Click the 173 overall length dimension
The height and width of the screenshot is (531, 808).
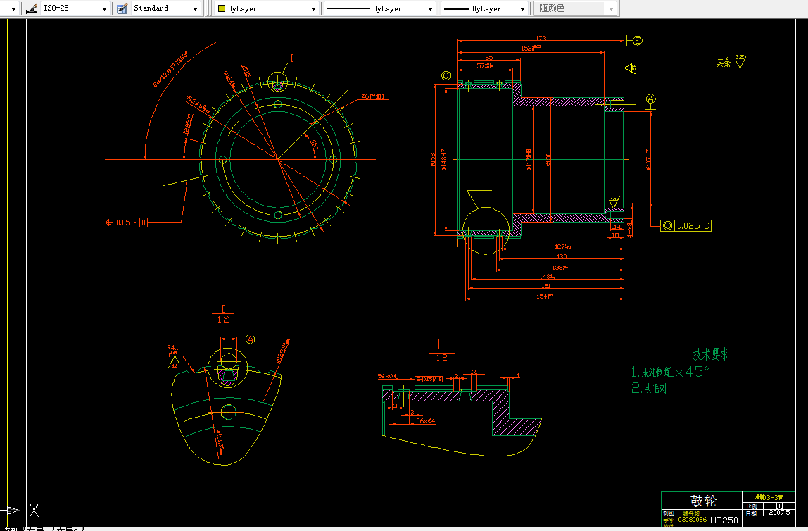click(x=541, y=38)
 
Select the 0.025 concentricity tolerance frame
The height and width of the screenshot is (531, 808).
click(x=687, y=225)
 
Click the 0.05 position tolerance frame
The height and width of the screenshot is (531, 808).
click(x=125, y=223)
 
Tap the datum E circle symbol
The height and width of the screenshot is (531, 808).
click(x=638, y=41)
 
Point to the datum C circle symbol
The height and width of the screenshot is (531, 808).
click(x=446, y=76)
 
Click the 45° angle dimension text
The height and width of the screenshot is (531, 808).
click(x=314, y=144)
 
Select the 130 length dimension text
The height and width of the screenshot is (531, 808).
click(x=562, y=256)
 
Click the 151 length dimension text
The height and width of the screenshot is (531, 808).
click(x=545, y=287)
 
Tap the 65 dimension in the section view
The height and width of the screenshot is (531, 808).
click(x=488, y=58)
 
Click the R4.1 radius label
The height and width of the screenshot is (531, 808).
click(x=172, y=347)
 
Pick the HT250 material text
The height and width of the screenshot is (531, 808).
click(x=725, y=520)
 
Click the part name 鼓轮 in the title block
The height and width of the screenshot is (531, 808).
click(x=702, y=501)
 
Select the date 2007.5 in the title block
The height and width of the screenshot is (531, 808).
click(x=779, y=513)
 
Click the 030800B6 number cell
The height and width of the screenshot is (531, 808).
click(x=693, y=520)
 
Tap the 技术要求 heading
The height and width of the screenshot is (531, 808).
click(x=711, y=354)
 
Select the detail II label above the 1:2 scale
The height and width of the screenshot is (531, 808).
click(x=441, y=344)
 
